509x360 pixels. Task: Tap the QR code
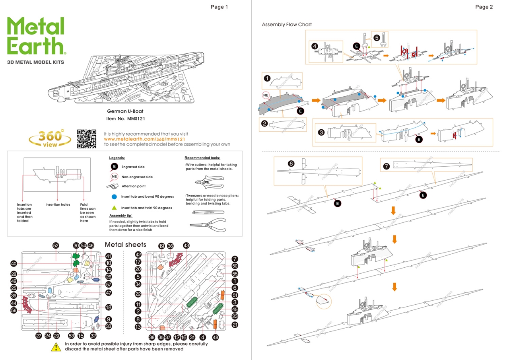point(87,139)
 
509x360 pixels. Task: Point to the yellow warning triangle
point(56,346)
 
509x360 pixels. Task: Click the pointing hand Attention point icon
point(114,186)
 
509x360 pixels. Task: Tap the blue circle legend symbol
point(114,197)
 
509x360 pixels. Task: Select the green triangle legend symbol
point(114,207)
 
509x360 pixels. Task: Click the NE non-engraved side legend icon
point(114,177)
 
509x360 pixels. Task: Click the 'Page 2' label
point(484,7)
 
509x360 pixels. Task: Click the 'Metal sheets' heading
point(125,245)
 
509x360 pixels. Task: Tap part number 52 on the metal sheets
point(56,246)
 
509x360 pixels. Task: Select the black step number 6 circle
point(291,163)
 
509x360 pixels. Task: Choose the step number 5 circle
point(377,37)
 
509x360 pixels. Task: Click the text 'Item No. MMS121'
point(124,119)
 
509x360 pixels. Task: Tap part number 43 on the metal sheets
point(186,245)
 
